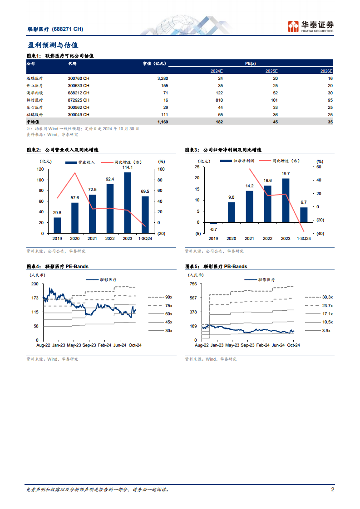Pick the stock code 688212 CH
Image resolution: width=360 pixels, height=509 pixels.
79,93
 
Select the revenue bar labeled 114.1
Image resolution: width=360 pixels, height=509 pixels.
128,202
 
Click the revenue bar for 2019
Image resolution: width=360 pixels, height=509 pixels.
57,225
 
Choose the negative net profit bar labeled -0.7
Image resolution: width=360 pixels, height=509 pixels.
213,223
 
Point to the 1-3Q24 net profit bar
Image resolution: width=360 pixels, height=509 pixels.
304,215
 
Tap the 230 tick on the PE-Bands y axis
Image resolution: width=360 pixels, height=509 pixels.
35,284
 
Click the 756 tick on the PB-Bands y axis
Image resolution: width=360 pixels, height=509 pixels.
193,284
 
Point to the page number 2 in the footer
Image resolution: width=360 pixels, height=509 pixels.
332,489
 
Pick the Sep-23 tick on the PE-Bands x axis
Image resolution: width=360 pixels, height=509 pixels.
89,345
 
